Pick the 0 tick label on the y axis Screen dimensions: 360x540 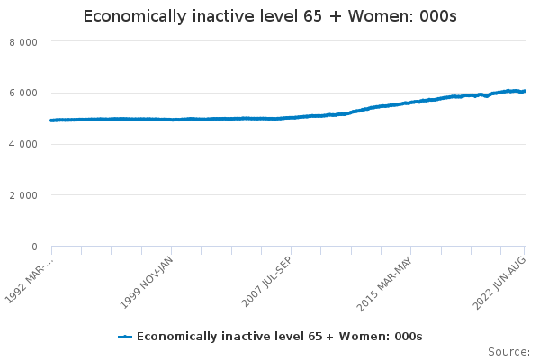34,247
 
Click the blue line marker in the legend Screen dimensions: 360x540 125,337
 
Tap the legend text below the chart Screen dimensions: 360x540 279,337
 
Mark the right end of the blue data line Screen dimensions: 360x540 526,91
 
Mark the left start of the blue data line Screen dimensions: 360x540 51,120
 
